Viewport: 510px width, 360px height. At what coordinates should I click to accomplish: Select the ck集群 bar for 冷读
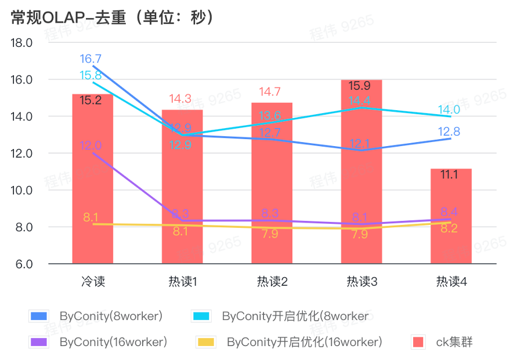(92, 186)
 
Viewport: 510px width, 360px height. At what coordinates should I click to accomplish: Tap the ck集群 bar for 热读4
(451, 220)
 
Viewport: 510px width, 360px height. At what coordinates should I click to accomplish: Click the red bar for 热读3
(361, 174)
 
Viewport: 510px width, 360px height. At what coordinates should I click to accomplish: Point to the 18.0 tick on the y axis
(22, 43)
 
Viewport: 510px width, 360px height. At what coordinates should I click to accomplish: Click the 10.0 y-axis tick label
(22, 190)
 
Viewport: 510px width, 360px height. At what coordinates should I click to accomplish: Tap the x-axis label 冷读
(93, 282)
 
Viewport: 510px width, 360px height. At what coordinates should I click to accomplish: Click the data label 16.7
(91, 59)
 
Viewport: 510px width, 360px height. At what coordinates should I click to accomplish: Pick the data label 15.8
(91, 75)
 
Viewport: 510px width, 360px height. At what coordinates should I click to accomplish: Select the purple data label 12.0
(91, 146)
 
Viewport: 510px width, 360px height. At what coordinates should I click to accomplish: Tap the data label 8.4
(449, 212)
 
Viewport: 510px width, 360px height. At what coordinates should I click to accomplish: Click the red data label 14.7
(270, 92)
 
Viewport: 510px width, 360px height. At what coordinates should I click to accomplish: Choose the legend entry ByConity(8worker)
(111, 316)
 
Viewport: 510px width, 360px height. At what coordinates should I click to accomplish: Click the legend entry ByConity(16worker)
(113, 341)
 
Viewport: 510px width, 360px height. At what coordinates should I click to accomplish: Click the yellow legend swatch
(206, 341)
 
